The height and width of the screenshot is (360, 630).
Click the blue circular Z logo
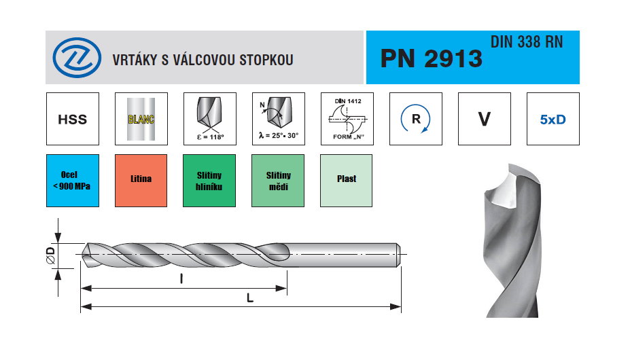(77, 58)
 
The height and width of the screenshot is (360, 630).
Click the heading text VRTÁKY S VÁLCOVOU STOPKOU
(203, 60)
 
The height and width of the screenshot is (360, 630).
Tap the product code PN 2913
(431, 58)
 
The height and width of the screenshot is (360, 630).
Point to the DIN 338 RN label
(527, 42)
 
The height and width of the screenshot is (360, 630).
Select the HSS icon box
(73, 119)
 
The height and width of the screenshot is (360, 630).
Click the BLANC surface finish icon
(141, 119)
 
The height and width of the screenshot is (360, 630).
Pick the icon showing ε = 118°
(210, 119)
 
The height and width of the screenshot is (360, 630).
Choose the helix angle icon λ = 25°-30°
(279, 119)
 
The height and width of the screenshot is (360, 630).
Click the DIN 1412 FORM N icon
(347, 119)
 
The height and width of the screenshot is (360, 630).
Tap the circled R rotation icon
(416, 119)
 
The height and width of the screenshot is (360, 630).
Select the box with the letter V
(485, 119)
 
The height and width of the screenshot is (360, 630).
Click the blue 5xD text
(553, 120)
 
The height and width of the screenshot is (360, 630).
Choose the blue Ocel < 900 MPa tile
(73, 181)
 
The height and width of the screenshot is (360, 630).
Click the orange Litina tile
(141, 181)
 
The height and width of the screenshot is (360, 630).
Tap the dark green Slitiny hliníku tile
(209, 181)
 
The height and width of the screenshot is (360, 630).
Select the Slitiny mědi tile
(278, 181)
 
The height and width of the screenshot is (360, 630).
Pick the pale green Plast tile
(347, 181)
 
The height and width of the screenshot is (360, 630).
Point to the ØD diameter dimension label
(50, 255)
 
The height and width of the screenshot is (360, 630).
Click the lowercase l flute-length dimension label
(181, 278)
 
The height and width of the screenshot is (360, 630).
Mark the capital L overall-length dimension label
(250, 298)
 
